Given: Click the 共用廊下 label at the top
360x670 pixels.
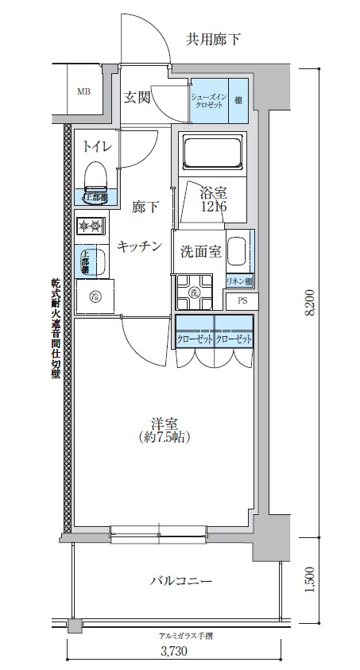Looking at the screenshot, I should tap(214, 37).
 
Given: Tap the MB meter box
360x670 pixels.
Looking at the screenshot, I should tap(83, 91).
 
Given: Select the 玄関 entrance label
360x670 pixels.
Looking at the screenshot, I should tap(137, 98).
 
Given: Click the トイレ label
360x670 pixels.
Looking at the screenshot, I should tap(97, 147).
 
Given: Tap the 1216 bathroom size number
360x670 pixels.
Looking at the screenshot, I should tap(213, 206).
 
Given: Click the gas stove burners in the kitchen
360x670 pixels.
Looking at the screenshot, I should tap(91, 227).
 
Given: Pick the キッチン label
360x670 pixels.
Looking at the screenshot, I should tap(140, 246).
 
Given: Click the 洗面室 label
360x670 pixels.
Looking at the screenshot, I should tap(199, 252).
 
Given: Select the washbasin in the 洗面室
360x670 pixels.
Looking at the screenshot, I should tap(238, 251).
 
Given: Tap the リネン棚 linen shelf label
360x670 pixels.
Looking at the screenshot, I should tap(239, 281).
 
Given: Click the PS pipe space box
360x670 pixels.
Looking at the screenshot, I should tap(241, 301).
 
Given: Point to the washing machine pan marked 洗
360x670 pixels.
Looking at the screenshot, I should tap(194, 291).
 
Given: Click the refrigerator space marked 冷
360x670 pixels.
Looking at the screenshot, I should tap(95, 297).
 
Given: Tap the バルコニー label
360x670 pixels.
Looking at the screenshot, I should tap(180, 581).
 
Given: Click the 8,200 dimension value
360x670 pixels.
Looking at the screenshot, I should tap(311, 302).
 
